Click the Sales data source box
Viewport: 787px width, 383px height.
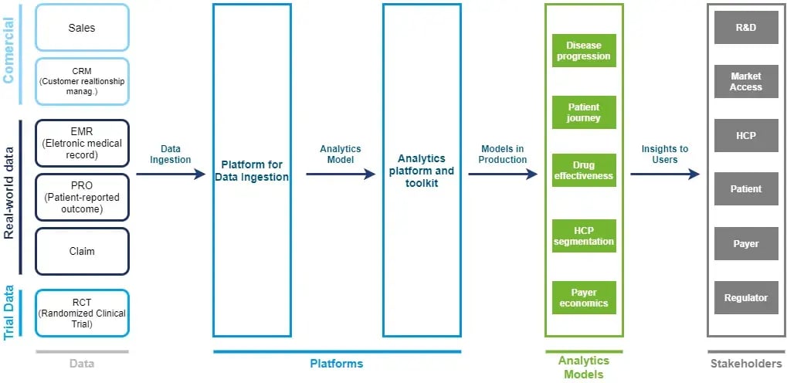(x=82, y=28)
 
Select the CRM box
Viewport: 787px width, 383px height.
(x=82, y=82)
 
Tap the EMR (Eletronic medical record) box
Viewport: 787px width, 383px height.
(x=82, y=143)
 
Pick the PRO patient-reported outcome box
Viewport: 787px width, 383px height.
(x=82, y=197)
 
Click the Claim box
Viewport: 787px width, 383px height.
(x=82, y=251)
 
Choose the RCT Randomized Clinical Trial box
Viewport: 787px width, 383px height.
(x=82, y=313)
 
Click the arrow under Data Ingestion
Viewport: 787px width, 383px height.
(x=171, y=175)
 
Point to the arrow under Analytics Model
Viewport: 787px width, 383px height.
(x=341, y=175)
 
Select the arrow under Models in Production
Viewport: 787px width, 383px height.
(x=503, y=175)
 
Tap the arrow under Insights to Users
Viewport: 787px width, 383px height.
(x=665, y=175)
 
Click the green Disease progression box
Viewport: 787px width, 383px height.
(x=584, y=51)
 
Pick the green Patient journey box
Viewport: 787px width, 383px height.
(x=584, y=113)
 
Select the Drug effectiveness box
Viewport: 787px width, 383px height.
(x=584, y=171)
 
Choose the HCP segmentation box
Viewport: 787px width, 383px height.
(x=584, y=236)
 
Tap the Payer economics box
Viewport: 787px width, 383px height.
(x=584, y=298)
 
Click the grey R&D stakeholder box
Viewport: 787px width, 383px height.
(x=746, y=27)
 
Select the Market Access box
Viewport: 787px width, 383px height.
(x=746, y=81)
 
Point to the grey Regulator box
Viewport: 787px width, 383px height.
(x=746, y=297)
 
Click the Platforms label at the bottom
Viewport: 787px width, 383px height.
(x=337, y=364)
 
